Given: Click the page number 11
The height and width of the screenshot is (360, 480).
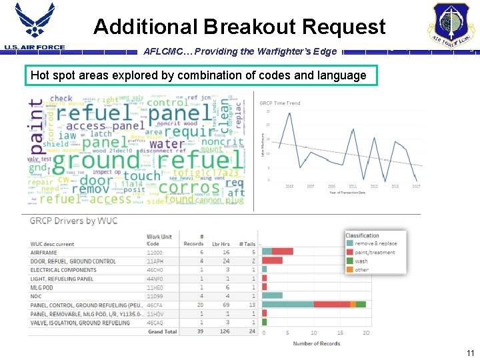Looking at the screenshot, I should tap(470, 353).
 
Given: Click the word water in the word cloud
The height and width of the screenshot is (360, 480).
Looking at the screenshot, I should tap(166, 143).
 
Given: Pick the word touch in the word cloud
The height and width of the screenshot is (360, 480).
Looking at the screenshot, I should tap(141, 176).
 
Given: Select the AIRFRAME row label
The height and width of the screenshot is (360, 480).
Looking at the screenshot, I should tap(44, 253).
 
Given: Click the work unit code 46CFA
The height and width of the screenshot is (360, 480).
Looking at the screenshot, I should tap(155, 305).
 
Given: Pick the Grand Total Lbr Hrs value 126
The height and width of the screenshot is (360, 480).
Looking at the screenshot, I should tap(225, 331).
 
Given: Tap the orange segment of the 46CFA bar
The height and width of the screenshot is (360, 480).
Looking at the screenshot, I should tap(353, 305).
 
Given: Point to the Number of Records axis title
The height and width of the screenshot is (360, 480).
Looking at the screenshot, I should tap(317, 343).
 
